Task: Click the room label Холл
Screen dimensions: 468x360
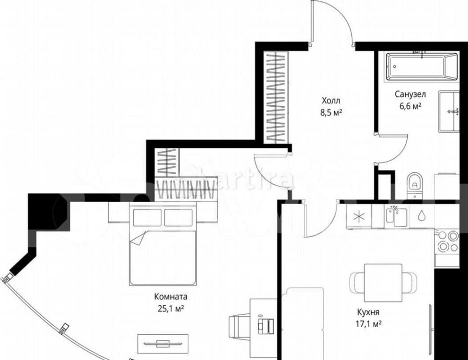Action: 331,100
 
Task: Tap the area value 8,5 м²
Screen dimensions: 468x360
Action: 331,112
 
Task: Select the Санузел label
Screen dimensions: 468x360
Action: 410,94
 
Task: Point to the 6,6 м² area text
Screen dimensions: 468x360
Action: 410,106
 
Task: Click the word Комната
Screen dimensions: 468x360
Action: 171,296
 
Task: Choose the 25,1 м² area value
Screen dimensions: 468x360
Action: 171,309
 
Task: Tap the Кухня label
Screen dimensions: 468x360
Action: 368,312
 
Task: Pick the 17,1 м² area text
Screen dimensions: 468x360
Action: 369,323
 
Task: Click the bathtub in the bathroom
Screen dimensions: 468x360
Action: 422,66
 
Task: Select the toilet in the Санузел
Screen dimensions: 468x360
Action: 414,185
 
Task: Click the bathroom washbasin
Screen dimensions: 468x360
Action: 449,111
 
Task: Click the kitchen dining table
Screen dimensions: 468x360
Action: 383,283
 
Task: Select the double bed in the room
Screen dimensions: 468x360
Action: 163,244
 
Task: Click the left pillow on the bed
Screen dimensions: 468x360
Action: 147,217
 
